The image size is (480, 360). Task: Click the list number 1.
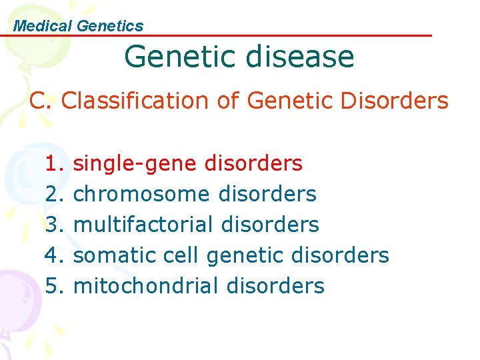click(x=53, y=163)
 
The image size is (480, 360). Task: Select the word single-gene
click(x=135, y=163)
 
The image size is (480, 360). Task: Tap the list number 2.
click(x=53, y=194)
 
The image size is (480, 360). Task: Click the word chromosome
click(x=141, y=194)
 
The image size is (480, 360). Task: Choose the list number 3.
click(x=53, y=225)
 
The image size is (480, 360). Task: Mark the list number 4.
click(x=53, y=255)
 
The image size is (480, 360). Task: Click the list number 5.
click(x=53, y=286)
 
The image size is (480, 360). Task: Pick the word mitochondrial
click(x=146, y=286)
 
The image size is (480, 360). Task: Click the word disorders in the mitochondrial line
click(x=275, y=286)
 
